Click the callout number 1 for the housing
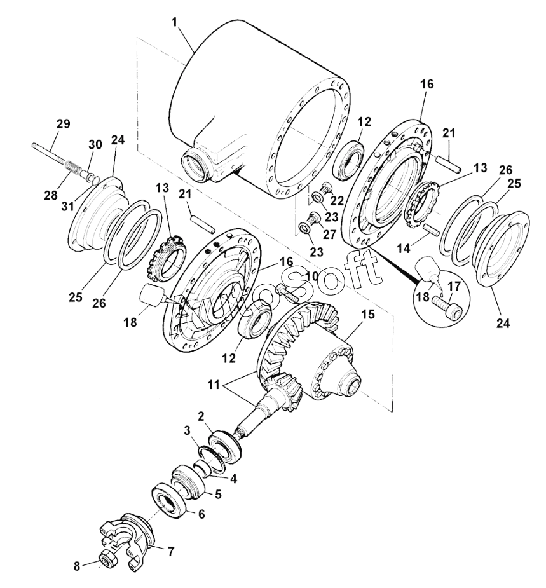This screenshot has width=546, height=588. point(176,23)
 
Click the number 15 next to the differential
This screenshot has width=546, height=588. point(367,315)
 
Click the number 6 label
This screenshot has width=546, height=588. point(201,514)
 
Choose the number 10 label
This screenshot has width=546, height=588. point(311,275)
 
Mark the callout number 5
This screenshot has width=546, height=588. point(217,493)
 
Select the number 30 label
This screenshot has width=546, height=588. point(94,145)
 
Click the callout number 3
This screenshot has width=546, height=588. point(188,430)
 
